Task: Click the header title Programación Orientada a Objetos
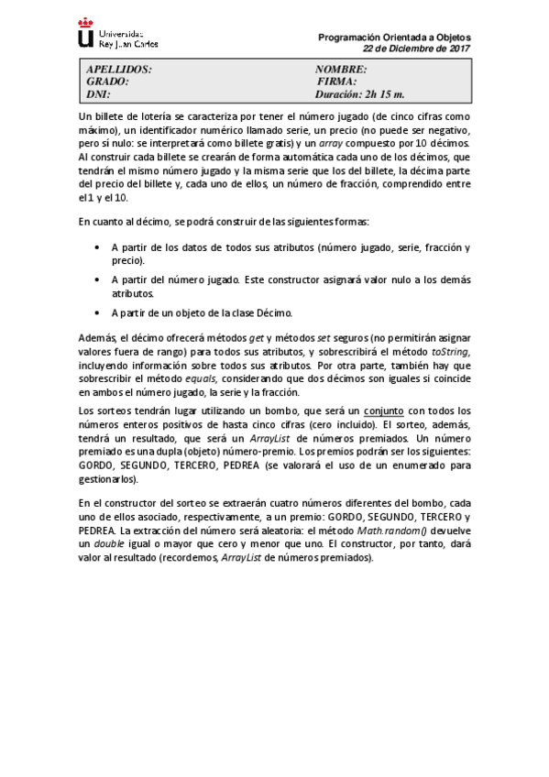click(x=394, y=38)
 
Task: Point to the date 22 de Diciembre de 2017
click(x=416, y=49)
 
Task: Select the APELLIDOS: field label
click(x=118, y=70)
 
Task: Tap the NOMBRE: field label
click(x=341, y=70)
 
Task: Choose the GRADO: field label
click(x=107, y=82)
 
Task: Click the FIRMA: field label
click(x=335, y=82)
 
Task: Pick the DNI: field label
click(x=98, y=93)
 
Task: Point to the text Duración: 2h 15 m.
click(x=359, y=93)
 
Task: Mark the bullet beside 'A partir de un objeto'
click(x=99, y=312)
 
